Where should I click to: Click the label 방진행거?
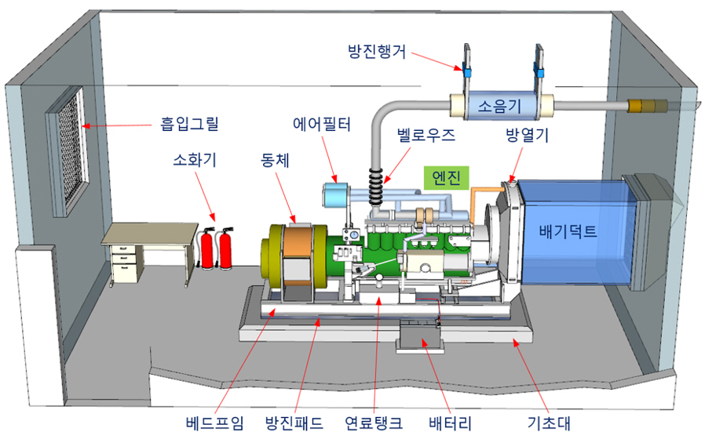click(x=377, y=52)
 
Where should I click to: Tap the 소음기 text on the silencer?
click(x=499, y=106)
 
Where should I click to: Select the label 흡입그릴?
click(x=189, y=123)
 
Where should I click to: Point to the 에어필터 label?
click(x=321, y=124)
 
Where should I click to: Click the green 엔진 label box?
click(x=447, y=178)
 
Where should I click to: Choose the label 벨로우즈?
click(x=426, y=135)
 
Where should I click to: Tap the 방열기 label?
click(x=527, y=135)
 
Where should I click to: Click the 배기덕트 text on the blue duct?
click(x=568, y=231)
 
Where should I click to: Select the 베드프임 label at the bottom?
click(x=214, y=423)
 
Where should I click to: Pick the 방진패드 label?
click(x=294, y=423)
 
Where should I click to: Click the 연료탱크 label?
click(x=373, y=423)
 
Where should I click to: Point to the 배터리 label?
click(x=450, y=423)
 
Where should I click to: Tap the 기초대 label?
click(x=549, y=423)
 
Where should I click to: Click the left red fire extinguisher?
click(x=206, y=249)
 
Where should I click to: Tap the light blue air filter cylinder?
click(x=335, y=196)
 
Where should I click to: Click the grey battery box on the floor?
click(x=419, y=338)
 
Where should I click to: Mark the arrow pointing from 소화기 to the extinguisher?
click(x=205, y=196)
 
